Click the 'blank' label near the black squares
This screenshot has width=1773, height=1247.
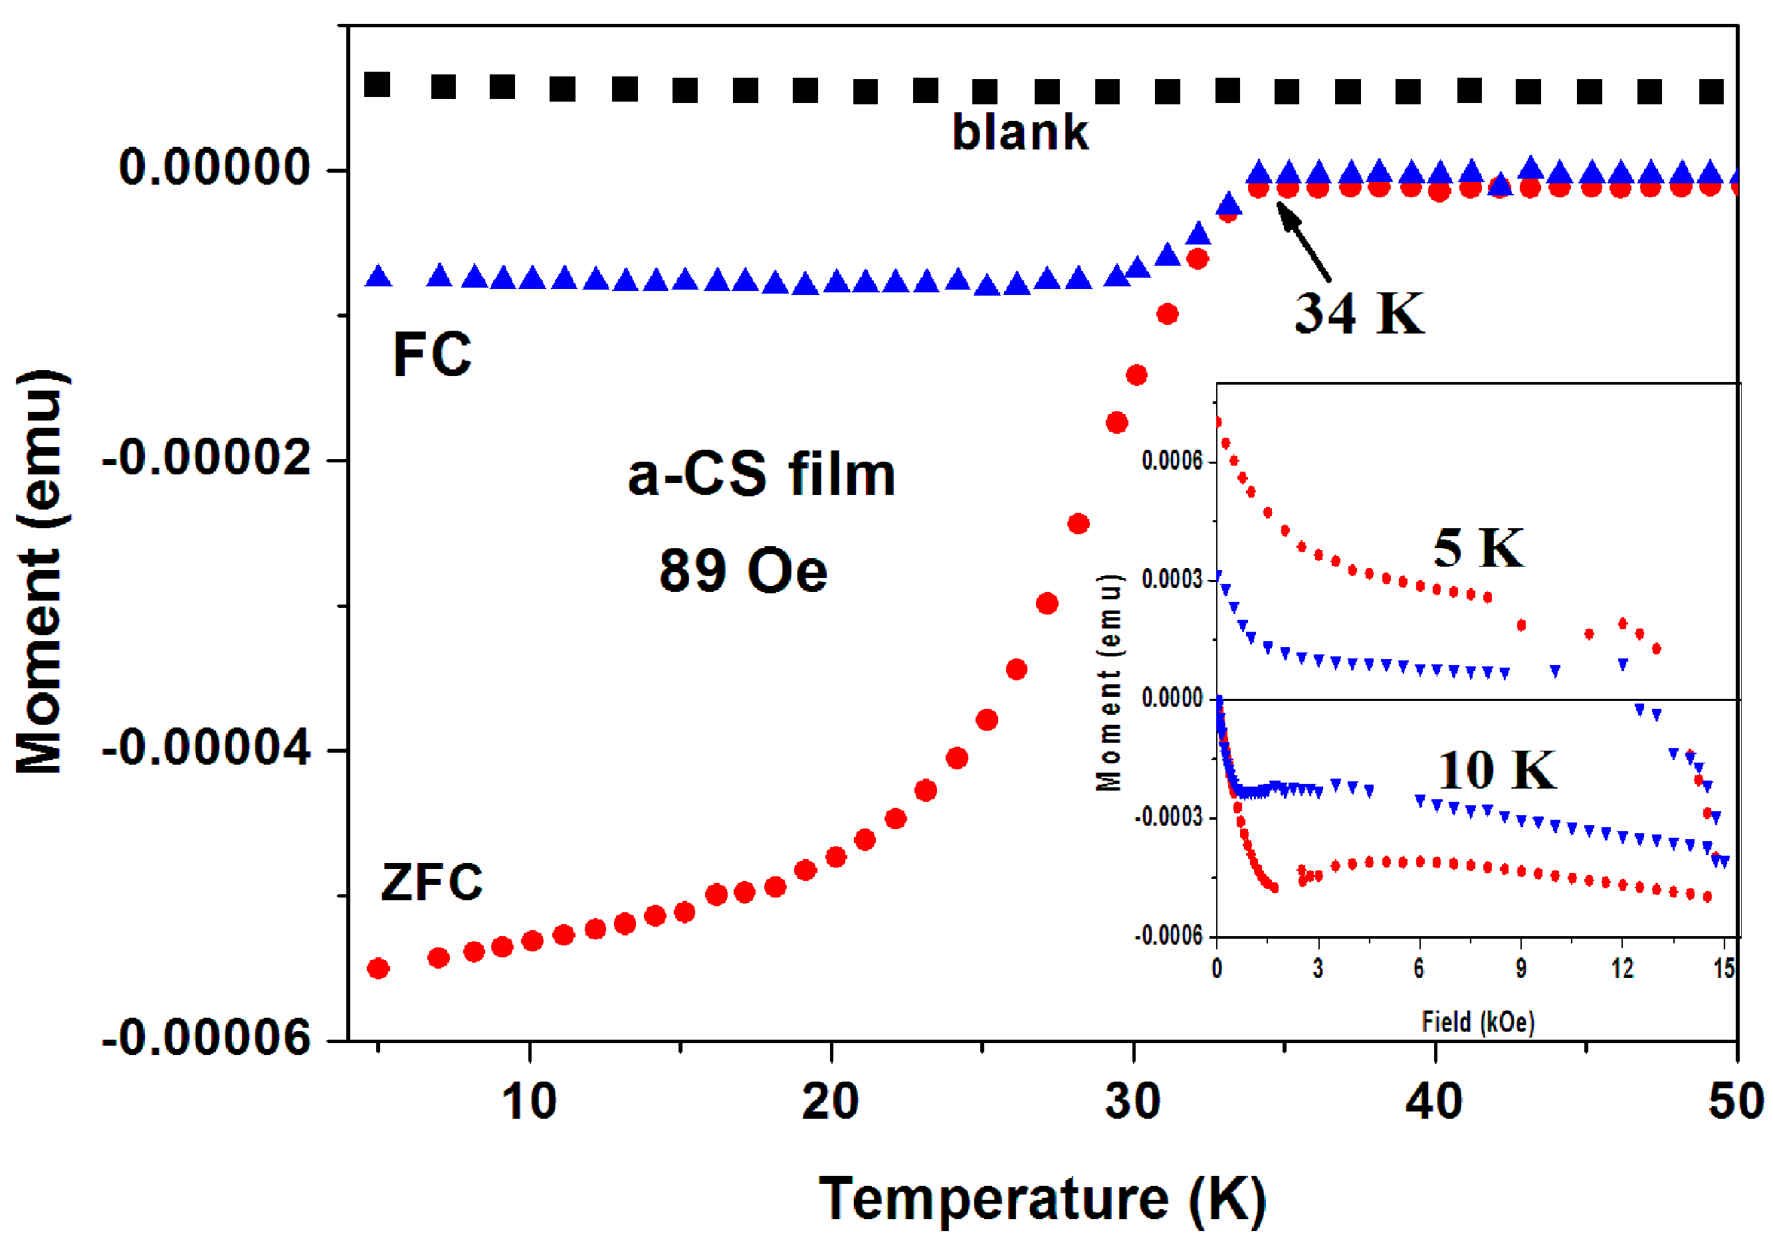(1019, 133)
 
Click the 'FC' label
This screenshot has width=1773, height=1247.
(432, 355)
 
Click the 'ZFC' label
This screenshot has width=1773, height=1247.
(432, 882)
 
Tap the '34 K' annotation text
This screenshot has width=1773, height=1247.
(1359, 314)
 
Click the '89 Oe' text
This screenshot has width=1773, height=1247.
(743, 571)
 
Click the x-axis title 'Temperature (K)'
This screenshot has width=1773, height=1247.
(1043, 1199)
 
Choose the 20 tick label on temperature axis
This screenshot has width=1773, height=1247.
(830, 1102)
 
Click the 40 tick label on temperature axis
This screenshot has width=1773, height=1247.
(1434, 1102)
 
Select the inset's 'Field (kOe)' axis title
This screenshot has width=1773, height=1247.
(1478, 1022)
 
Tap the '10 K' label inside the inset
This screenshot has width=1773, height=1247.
(1497, 771)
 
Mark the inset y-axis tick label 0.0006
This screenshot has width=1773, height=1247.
(1172, 461)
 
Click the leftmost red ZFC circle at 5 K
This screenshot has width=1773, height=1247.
(377, 968)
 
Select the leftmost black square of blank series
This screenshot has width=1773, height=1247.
(377, 84)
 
